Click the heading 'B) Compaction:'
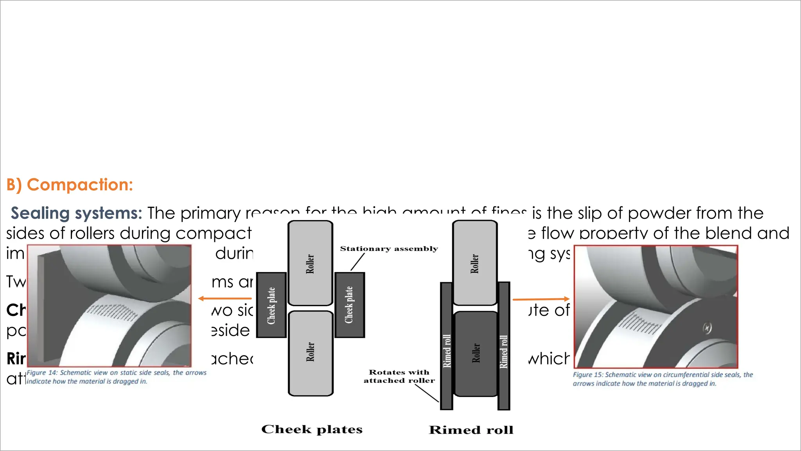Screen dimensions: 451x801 (70, 185)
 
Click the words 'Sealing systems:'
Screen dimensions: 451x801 (76, 213)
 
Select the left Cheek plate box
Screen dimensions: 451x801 (271, 305)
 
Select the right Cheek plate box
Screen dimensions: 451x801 (350, 305)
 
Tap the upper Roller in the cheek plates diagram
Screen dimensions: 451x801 (310, 263)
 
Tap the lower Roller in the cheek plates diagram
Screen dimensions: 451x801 (311, 353)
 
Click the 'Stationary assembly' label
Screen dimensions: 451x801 (389, 249)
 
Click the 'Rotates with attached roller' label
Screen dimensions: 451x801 (399, 376)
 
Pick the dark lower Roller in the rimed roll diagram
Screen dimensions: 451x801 (476, 354)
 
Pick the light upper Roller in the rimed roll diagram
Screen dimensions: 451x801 (474, 263)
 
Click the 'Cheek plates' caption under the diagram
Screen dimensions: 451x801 (312, 429)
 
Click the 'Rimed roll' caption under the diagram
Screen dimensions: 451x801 (471, 430)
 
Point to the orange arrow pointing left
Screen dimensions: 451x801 (224, 299)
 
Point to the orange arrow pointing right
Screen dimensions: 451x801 (541, 299)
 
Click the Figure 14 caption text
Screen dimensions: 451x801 (116, 377)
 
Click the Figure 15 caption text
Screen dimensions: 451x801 (663, 379)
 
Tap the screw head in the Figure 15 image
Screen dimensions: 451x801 (707, 328)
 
